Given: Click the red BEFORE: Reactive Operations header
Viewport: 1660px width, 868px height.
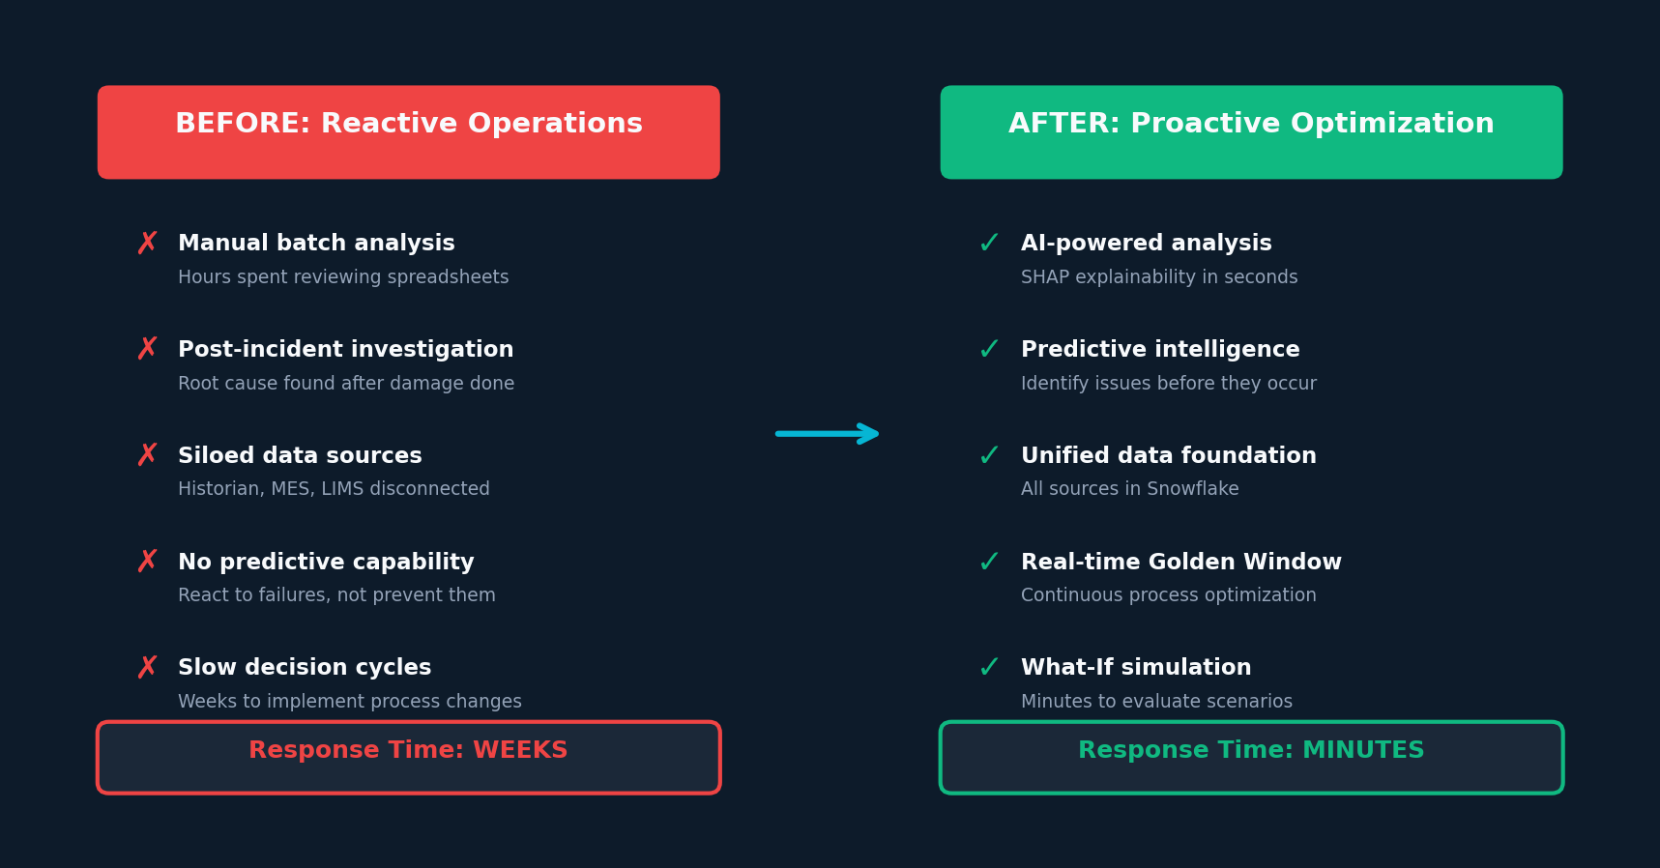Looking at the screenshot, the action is pos(408,132).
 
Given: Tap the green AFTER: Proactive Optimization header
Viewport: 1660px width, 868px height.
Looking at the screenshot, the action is pos(1251,132).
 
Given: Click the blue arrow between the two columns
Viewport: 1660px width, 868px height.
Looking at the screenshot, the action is pos(828,433).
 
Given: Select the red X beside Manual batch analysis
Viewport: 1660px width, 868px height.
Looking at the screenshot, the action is pos(147,243).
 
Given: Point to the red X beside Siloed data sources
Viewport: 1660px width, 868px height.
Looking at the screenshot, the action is pos(147,455).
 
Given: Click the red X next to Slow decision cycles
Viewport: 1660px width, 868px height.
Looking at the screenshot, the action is pos(147,668).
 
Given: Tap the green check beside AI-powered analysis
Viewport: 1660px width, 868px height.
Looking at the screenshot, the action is pos(989,244).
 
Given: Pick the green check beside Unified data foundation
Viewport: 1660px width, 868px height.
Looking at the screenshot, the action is pos(989,456).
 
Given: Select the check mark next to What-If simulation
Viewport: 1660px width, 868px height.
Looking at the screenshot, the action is pos(989,668).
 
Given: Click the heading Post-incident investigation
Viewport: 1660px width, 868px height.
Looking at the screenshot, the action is pos(346,350).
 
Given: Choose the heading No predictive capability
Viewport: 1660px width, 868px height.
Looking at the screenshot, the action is pos(326,563).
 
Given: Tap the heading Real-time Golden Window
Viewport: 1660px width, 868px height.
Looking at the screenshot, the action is pos(1181,562).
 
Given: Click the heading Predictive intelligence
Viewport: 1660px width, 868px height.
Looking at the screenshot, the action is pos(1160,350).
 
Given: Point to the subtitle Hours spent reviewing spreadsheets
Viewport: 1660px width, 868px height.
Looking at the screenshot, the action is pos(343,277).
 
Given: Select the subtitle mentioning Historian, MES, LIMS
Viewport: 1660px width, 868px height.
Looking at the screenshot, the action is pos(334,489).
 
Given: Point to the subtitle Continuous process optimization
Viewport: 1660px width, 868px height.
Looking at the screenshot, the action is pos(1169,595).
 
